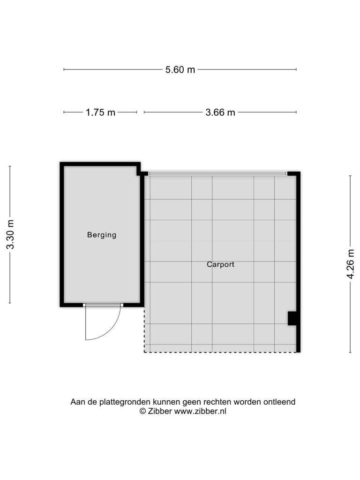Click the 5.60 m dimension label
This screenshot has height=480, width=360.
[180, 70]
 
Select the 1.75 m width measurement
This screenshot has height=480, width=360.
[100, 112]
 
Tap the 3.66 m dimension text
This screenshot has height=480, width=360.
[220, 112]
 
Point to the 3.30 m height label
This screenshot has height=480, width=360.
[10, 234]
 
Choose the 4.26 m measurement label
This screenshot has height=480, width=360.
[350, 264]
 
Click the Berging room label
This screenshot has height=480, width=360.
[102, 235]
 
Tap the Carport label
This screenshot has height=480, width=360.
[220, 264]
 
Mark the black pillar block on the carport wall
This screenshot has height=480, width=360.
[292, 318]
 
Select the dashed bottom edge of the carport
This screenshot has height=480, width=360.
[220, 352]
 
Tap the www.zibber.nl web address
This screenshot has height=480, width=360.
[200, 411]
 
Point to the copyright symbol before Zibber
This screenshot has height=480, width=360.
[142, 411]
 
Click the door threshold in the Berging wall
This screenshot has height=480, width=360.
[103, 305]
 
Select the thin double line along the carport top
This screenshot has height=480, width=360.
[217, 173]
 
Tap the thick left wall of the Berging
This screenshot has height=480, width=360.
[62, 234]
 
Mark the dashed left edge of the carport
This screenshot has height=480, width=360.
[144, 330]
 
